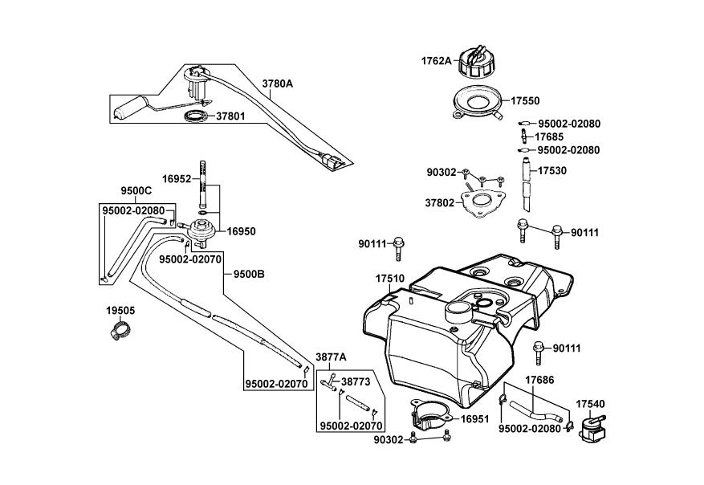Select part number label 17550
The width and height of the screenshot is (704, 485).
pyautogui.click(x=526, y=101)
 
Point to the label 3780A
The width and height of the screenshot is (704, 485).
pyautogui.click(x=278, y=83)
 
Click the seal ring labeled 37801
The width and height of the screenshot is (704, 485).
pyautogui.click(x=195, y=117)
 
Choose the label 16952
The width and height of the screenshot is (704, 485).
pyautogui.click(x=177, y=180)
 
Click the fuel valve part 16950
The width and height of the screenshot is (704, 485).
pyautogui.click(x=201, y=230)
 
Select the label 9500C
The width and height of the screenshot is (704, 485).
pyautogui.click(x=136, y=191)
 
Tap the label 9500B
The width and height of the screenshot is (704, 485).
pyautogui.click(x=249, y=274)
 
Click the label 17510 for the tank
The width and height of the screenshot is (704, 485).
pyautogui.click(x=389, y=279)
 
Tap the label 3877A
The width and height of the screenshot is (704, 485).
pyautogui.click(x=331, y=357)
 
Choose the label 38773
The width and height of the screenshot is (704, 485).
pyautogui.click(x=356, y=381)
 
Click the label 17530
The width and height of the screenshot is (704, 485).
pyautogui.click(x=552, y=171)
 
